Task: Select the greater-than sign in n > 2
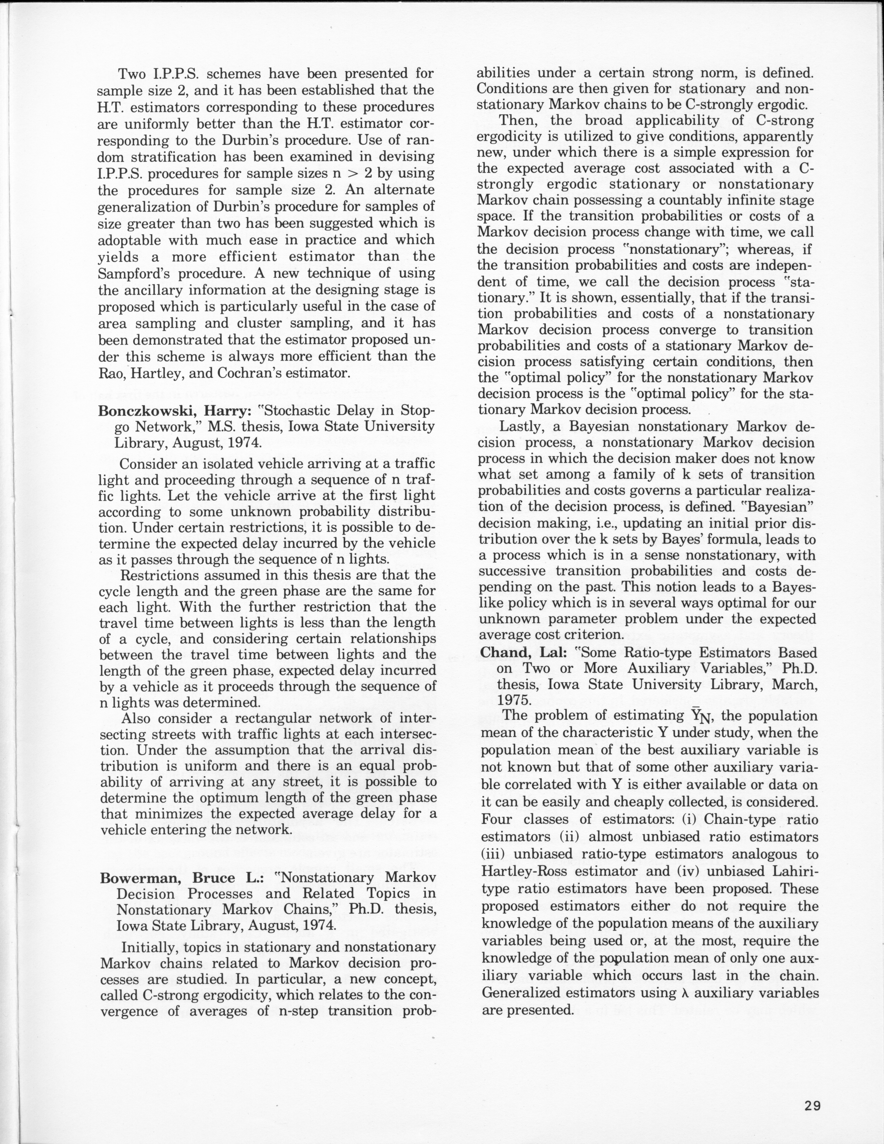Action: (354, 173)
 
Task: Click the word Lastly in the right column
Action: (524, 427)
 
